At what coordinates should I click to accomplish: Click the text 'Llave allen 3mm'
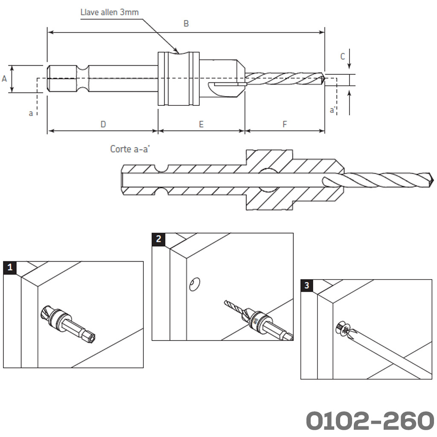(110, 12)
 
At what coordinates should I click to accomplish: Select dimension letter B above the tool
(186, 24)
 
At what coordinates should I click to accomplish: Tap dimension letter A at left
(5, 79)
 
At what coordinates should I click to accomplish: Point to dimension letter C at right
(342, 56)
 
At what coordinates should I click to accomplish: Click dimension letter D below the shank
(103, 124)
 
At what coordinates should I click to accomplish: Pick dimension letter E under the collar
(201, 124)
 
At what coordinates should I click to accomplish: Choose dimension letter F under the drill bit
(285, 124)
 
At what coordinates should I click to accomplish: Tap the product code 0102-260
(370, 421)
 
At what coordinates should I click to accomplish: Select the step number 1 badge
(9, 268)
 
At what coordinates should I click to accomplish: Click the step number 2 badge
(159, 239)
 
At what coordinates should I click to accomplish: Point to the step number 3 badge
(307, 285)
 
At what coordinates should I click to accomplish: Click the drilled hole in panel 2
(195, 283)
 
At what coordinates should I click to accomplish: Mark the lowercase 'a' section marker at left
(31, 113)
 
